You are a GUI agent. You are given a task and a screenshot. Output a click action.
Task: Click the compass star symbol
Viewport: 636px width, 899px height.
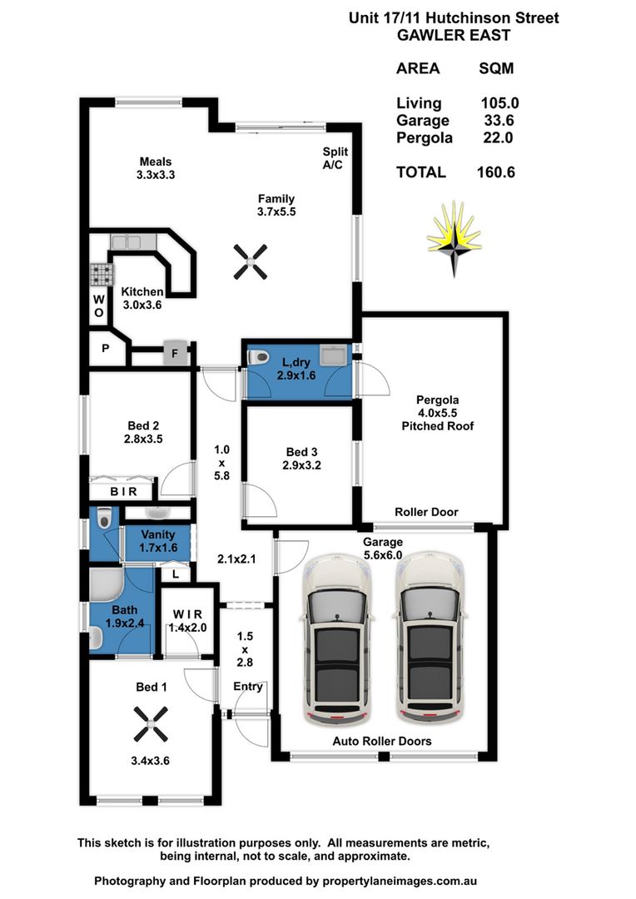pyautogui.click(x=455, y=239)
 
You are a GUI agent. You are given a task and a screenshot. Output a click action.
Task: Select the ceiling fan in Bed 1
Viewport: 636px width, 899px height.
pyautogui.click(x=151, y=723)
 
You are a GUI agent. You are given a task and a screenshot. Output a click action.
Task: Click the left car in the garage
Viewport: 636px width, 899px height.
pyautogui.click(x=337, y=638)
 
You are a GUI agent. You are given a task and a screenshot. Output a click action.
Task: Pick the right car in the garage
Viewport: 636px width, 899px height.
pyautogui.click(x=429, y=638)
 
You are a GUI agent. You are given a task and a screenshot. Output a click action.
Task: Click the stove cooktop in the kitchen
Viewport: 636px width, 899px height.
pyautogui.click(x=102, y=275)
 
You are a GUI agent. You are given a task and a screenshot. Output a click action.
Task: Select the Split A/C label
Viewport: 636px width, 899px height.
pyautogui.click(x=335, y=158)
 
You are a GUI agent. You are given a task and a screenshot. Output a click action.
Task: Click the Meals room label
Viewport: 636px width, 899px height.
pyautogui.click(x=156, y=161)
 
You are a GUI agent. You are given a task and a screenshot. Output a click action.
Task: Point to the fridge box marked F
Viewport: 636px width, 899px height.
pyautogui.click(x=176, y=351)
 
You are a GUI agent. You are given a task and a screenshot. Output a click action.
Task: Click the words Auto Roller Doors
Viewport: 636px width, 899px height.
pyautogui.click(x=382, y=741)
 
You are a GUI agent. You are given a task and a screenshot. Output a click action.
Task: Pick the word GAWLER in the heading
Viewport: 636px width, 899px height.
pyautogui.click(x=430, y=35)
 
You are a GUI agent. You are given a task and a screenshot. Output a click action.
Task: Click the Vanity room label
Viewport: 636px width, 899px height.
pyautogui.click(x=157, y=534)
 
